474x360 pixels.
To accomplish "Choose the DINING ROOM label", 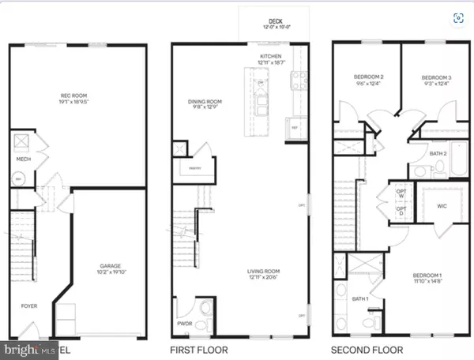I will [204, 101].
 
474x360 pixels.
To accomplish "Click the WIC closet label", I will [442, 206].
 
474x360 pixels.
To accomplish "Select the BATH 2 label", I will [438, 153].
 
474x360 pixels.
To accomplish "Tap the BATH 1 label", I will [360, 298].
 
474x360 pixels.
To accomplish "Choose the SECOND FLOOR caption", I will [367, 349].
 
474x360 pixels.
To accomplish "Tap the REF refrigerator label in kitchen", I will [295, 127].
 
